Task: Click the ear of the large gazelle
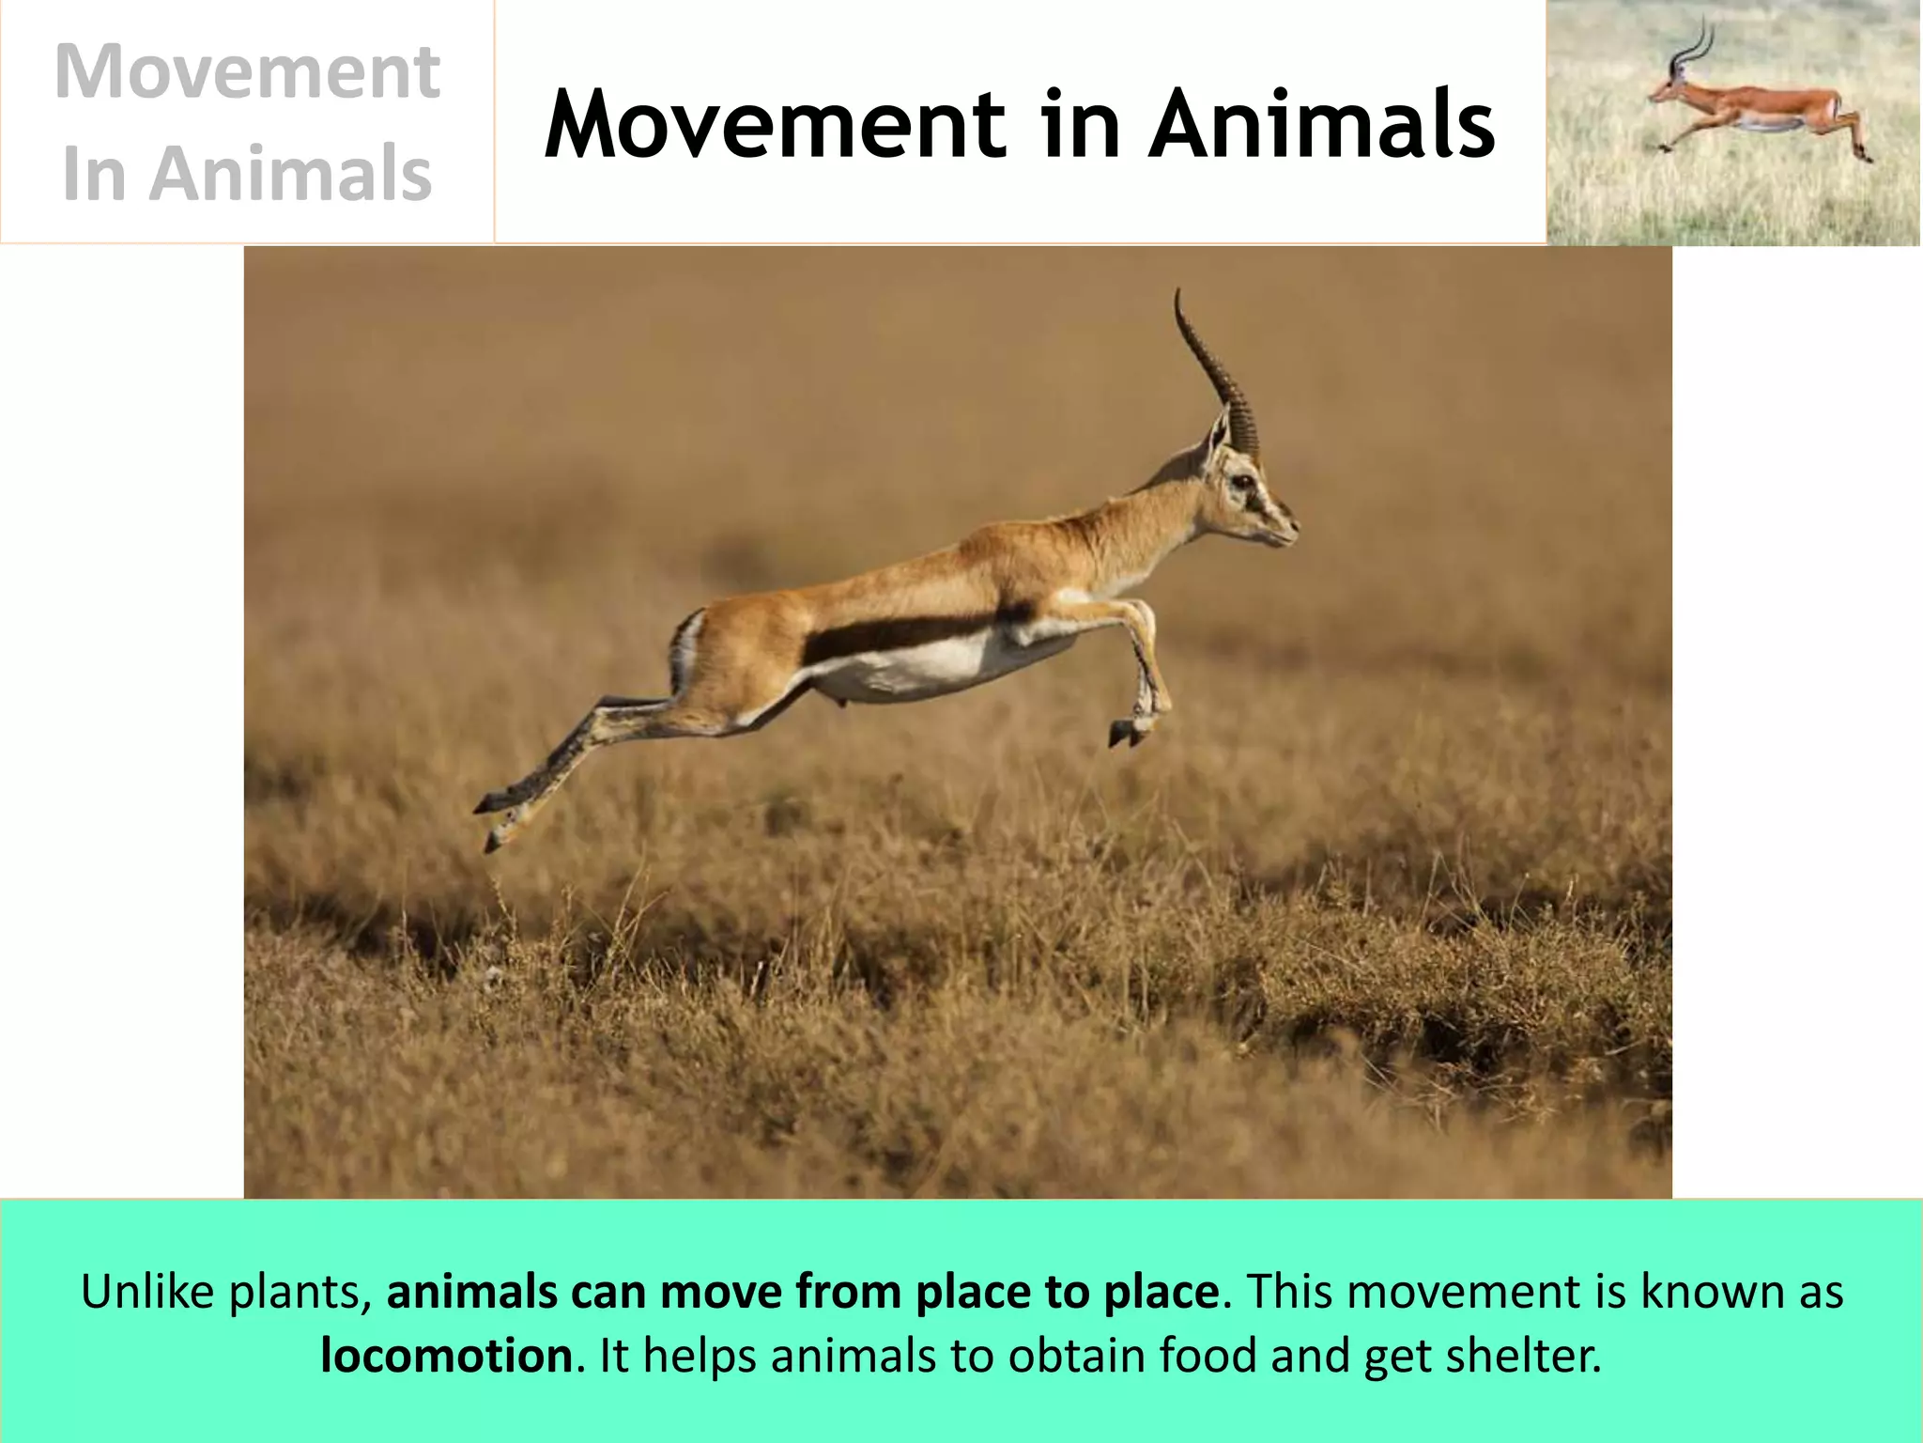click(x=1217, y=437)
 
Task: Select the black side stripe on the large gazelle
click(x=901, y=635)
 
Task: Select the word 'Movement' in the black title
click(x=775, y=126)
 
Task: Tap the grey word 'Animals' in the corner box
click(x=290, y=175)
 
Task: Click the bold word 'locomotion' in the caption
click(x=446, y=1356)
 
